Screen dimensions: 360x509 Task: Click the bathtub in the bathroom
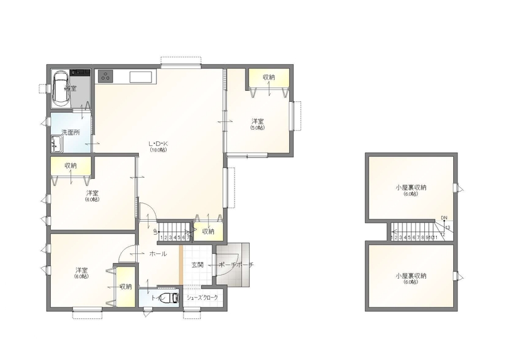click(x=61, y=89)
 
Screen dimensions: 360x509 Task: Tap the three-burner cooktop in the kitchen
click(x=106, y=76)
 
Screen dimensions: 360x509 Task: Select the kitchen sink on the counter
click(x=141, y=76)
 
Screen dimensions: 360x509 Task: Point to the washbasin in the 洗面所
click(x=57, y=144)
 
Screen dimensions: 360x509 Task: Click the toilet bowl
click(x=172, y=298)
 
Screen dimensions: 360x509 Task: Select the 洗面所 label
click(x=70, y=132)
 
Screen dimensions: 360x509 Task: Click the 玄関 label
click(x=198, y=265)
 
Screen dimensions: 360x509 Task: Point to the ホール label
click(x=158, y=254)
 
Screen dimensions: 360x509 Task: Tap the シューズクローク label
click(x=202, y=298)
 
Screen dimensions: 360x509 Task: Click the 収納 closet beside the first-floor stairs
click(x=208, y=231)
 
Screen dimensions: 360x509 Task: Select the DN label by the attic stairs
click(x=444, y=218)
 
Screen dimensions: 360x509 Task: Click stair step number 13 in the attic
click(x=447, y=228)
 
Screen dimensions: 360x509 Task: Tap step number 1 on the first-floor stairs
click(x=162, y=238)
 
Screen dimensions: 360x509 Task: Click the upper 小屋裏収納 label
click(x=411, y=188)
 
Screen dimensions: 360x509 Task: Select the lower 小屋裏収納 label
click(x=411, y=275)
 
